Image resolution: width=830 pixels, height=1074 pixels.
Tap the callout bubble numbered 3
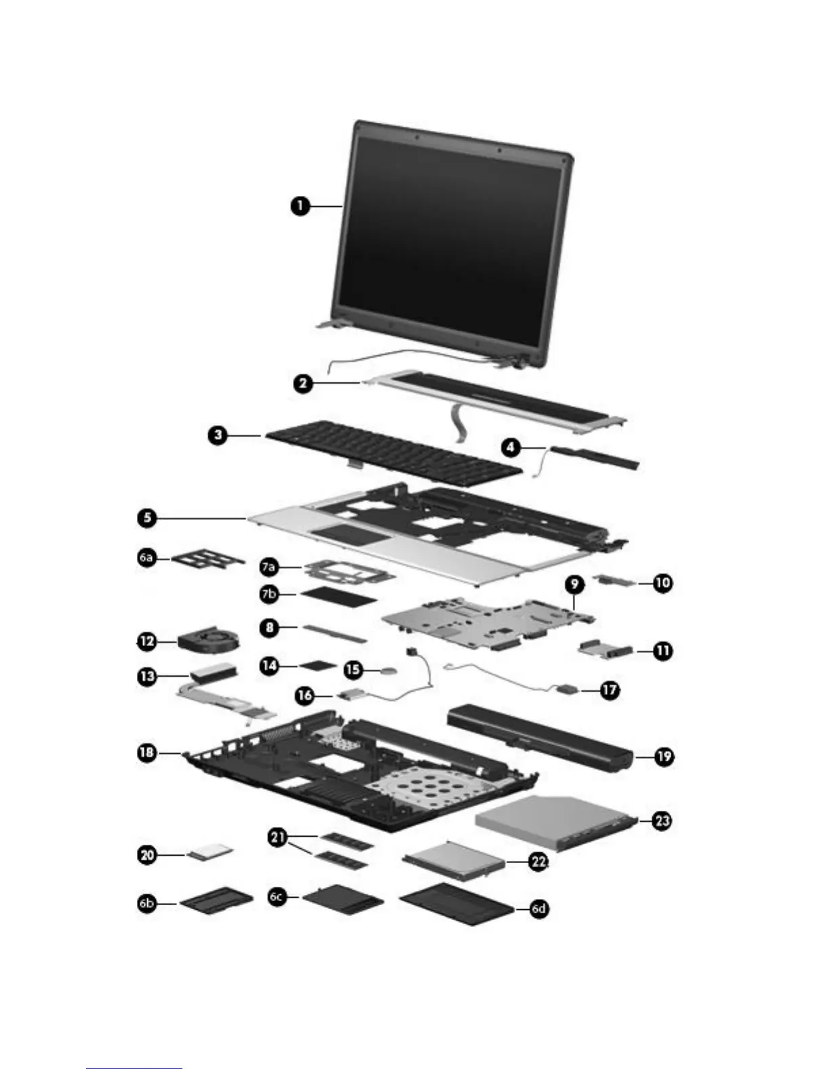218,435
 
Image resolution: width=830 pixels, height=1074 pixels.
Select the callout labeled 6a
146,557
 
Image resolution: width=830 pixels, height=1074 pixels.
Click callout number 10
663,582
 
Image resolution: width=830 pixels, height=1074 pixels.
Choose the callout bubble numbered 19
664,756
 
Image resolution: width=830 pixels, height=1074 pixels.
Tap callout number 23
662,820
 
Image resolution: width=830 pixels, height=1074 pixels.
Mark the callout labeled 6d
538,909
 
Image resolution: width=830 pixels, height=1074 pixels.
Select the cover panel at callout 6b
217,901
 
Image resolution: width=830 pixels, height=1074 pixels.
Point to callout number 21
277,838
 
